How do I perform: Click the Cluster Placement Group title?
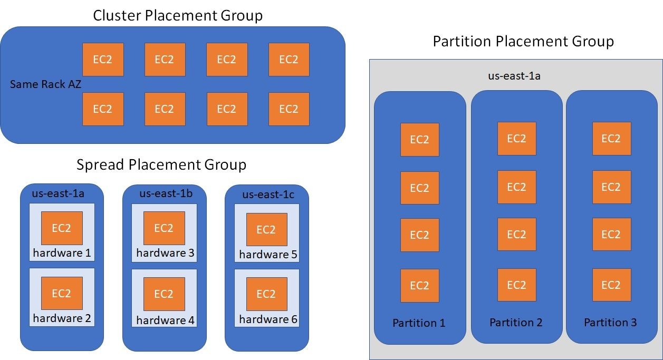coord(178,16)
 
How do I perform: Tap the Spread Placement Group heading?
coord(161,165)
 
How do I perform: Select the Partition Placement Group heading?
coord(523,41)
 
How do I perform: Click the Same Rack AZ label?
coord(46,84)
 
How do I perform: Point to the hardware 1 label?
coord(62,253)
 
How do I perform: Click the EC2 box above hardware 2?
coord(62,293)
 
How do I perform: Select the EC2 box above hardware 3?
coord(164,228)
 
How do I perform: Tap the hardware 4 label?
coord(164,320)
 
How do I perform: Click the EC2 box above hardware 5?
coord(266,229)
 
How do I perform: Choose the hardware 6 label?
coord(268,319)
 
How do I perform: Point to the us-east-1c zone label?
coord(268,195)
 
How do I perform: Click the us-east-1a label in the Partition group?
coord(514,76)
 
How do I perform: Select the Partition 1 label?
coord(419,323)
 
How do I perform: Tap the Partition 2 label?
coord(516,323)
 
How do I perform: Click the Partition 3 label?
coord(610,323)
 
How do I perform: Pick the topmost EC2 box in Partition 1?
coord(419,140)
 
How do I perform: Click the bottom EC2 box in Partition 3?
coord(611,285)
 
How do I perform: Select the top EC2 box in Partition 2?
coord(516,139)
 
